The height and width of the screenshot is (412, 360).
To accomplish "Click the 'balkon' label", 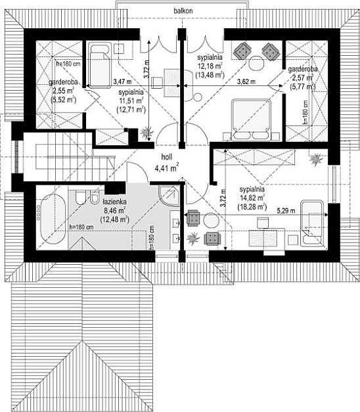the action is pyautogui.click(x=183, y=11).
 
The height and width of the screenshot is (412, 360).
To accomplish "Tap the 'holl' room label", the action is pyautogui.click(x=167, y=157).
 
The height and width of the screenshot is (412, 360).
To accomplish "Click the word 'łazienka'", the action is pyautogui.click(x=114, y=202).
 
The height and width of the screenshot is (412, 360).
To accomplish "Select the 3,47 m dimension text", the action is pyautogui.click(x=122, y=81).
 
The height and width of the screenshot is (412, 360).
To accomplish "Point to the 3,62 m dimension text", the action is pyautogui.click(x=246, y=81).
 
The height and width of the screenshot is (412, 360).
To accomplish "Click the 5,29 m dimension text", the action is pyautogui.click(x=286, y=211).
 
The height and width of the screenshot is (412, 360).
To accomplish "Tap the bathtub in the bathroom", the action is pyautogui.click(x=53, y=219).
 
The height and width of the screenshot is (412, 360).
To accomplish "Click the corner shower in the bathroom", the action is pyautogui.click(x=169, y=196).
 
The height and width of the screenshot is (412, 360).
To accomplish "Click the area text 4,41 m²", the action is pyautogui.click(x=167, y=168).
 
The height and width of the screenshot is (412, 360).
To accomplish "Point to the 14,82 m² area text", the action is pyautogui.click(x=252, y=198).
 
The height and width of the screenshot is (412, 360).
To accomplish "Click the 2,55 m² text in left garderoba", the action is pyautogui.click(x=63, y=91).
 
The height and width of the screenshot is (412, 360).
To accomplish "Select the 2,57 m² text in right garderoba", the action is pyautogui.click(x=303, y=78).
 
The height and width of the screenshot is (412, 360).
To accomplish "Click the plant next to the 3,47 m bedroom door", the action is pyautogui.click(x=146, y=132).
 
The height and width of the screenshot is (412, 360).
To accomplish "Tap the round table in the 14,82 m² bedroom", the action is pyautogui.click(x=212, y=220).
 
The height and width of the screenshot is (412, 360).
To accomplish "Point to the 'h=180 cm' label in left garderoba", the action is pyautogui.click(x=68, y=64).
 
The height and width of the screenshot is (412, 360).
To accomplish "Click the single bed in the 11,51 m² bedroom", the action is pyautogui.click(x=100, y=64).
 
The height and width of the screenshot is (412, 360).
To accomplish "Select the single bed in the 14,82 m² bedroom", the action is pyautogui.click(x=312, y=223).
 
